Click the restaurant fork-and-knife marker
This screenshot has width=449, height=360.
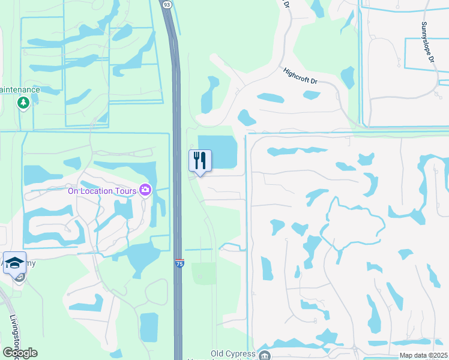(x=200, y=161)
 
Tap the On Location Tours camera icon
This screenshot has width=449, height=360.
(x=145, y=190)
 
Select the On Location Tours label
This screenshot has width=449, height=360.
(x=102, y=191)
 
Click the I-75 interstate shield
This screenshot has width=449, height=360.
(x=179, y=263)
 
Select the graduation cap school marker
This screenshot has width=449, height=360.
(x=14, y=263)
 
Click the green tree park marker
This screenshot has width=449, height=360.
(x=23, y=103)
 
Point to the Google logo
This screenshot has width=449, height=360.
(x=20, y=353)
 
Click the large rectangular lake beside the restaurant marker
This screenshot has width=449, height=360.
(x=217, y=152)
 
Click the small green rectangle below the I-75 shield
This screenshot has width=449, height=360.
(x=204, y=274)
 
